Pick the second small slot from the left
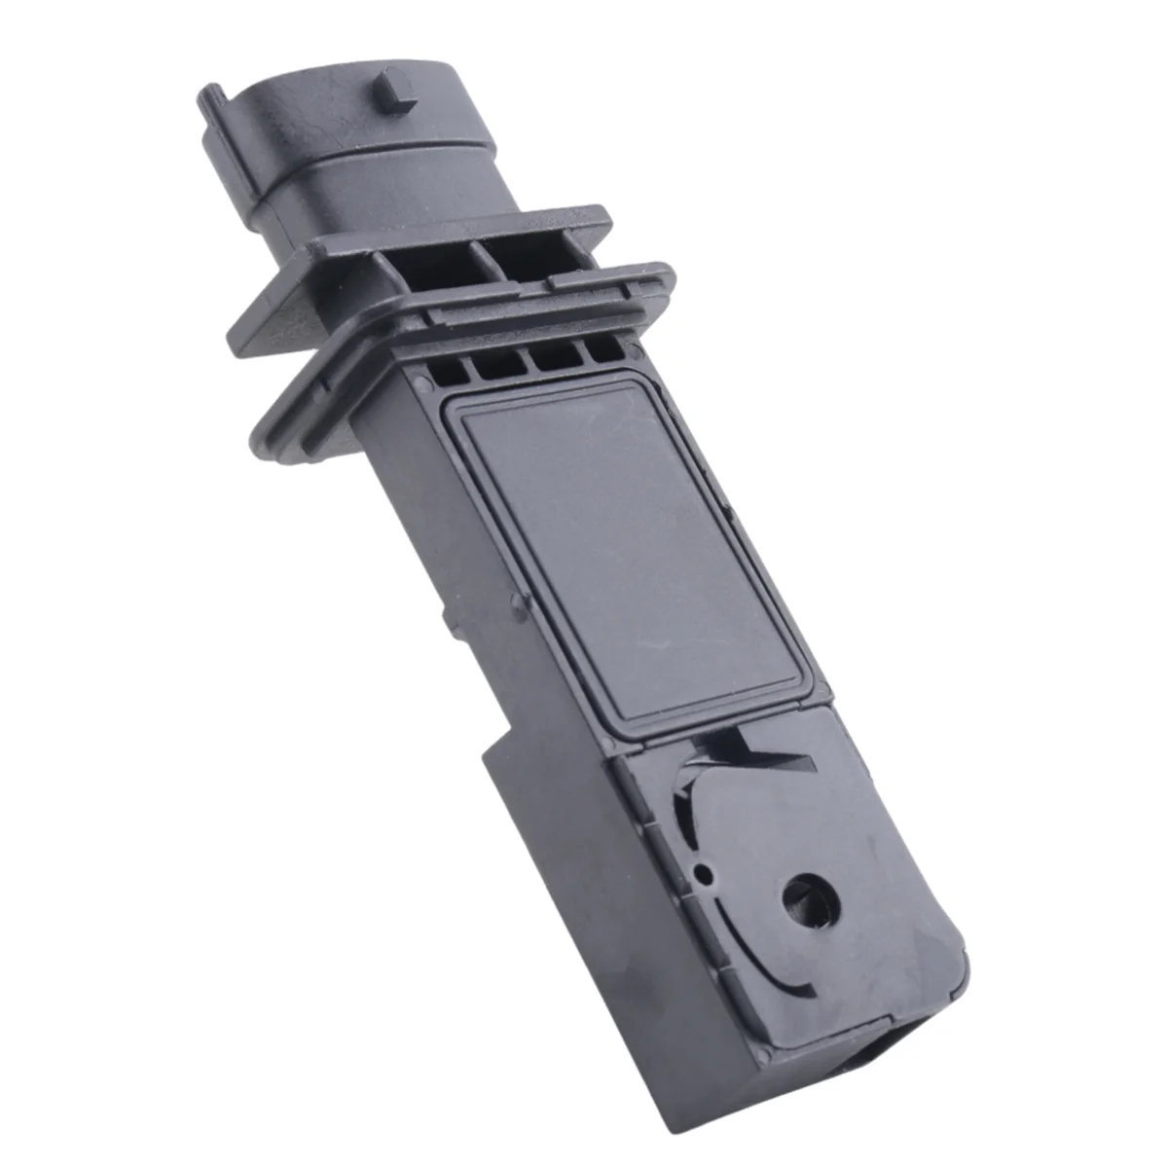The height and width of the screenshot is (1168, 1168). pyautogui.click(x=497, y=364)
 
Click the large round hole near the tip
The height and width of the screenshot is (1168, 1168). pyautogui.click(x=806, y=890)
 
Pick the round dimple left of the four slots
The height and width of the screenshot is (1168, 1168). pyautogui.click(x=419, y=379)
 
